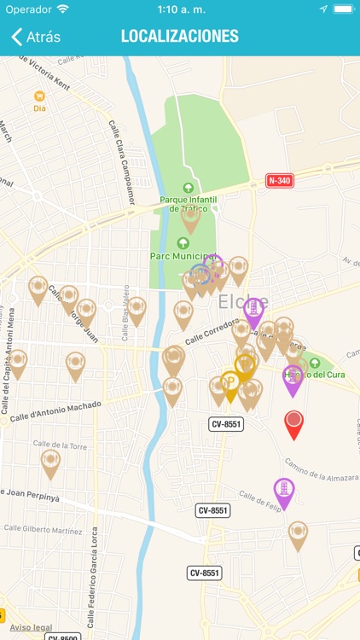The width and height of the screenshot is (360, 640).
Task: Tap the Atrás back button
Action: pyautogui.click(x=36, y=37)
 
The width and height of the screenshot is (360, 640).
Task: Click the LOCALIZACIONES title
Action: pyautogui.click(x=179, y=37)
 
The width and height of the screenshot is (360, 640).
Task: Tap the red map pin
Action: pyautogui.click(x=293, y=422)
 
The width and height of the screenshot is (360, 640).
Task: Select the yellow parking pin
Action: pyautogui.click(x=230, y=384)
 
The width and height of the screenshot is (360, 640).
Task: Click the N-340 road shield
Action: pyautogui.click(x=280, y=180)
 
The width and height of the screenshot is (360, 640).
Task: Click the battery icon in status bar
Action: pyautogui.click(x=343, y=9)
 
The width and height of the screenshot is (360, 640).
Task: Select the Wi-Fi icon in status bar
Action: pyautogui.click(x=62, y=9)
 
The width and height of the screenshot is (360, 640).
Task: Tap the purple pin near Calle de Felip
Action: pyautogui.click(x=283, y=491)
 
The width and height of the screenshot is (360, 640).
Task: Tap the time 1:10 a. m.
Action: pyautogui.click(x=180, y=9)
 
